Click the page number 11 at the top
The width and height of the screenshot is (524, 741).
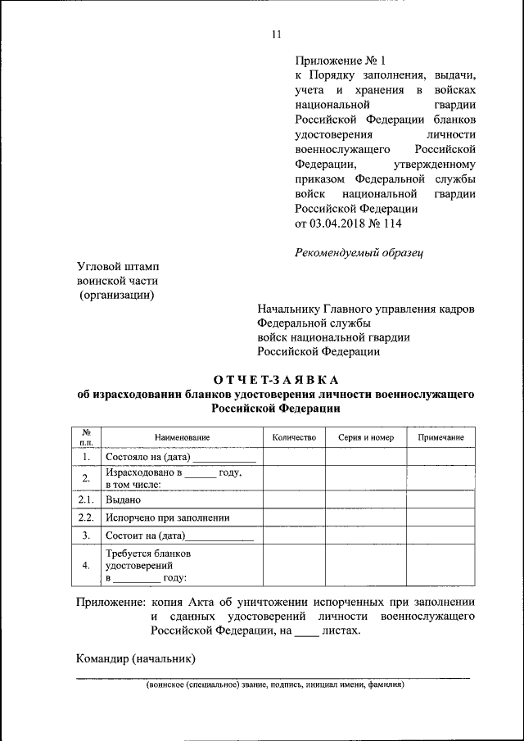pyautogui.click(x=276, y=34)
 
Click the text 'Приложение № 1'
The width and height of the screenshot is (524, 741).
pyautogui.click(x=338, y=60)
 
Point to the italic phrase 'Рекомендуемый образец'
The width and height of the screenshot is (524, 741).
pyautogui.click(x=358, y=252)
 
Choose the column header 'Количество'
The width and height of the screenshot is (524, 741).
pyautogui.click(x=294, y=437)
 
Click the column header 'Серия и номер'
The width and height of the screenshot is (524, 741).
pyautogui.click(x=366, y=437)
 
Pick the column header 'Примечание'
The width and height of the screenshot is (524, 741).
pyautogui.click(x=440, y=437)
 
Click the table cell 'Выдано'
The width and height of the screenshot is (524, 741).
pyautogui.click(x=124, y=499)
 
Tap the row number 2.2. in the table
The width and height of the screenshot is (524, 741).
pyautogui.click(x=86, y=517)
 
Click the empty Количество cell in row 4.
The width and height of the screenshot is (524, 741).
pyautogui.click(x=294, y=565)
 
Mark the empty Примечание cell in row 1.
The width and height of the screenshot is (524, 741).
pyautogui.click(x=440, y=458)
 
